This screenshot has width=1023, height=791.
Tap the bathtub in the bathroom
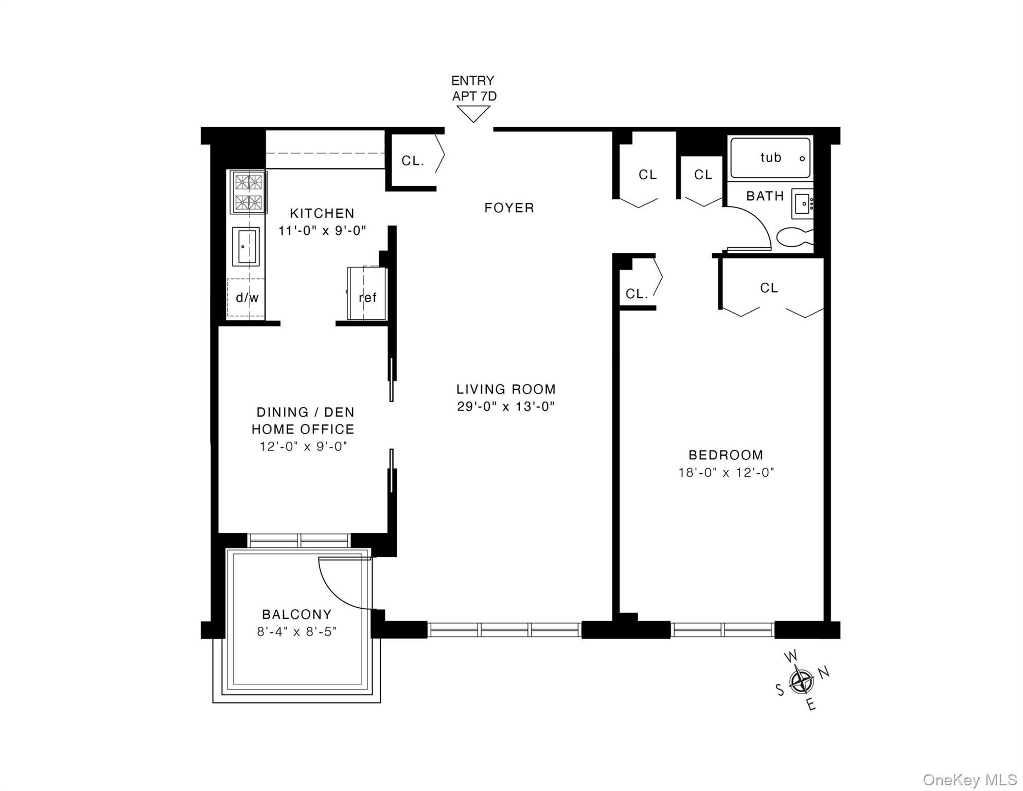click(770, 158)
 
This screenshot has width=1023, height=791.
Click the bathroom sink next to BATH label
click(802, 204)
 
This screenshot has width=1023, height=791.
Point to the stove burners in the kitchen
click(249, 192)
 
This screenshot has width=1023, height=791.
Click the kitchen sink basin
click(245, 247)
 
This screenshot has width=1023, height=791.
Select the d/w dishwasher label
click(247, 298)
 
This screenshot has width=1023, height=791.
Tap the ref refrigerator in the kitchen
click(367, 294)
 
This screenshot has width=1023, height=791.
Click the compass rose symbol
click(801, 681)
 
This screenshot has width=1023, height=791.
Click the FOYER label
click(509, 208)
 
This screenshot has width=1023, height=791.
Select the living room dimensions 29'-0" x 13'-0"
click(505, 407)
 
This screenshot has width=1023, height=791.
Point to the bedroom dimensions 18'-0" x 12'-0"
click(726, 473)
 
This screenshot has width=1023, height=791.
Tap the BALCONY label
click(296, 614)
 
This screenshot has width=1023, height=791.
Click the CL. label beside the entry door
click(413, 161)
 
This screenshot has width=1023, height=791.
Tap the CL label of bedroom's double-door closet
click(769, 288)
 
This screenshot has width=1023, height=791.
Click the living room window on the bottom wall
click(504, 630)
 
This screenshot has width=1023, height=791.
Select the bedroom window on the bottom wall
click(722, 630)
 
